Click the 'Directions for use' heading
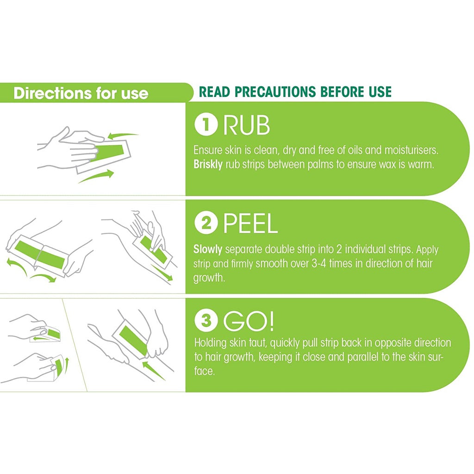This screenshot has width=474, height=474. tap(81, 93)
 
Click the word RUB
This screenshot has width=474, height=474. tap(246, 126)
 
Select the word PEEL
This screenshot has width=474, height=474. tap(250, 224)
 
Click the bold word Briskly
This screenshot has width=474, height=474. tap(208, 165)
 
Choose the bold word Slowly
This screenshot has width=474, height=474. tap(208, 249)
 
